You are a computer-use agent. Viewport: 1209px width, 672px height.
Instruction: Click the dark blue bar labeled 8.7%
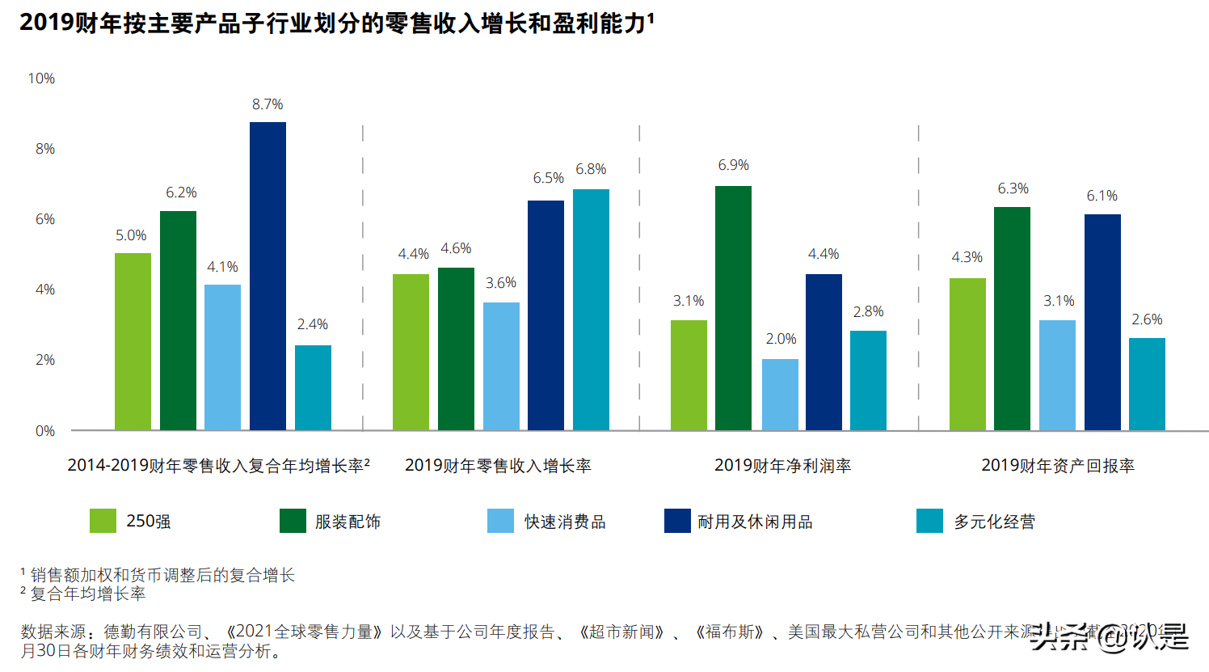267,276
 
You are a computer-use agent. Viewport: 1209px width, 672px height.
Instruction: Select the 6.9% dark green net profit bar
733,308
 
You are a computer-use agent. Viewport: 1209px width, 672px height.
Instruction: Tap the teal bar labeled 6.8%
591,310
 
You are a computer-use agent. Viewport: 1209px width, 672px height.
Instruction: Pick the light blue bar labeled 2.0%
780,395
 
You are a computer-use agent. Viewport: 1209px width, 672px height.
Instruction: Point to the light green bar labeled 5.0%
133,341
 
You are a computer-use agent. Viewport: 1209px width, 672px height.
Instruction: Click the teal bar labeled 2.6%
1147,384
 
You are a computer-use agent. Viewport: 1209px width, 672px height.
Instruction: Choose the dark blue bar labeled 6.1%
1102,322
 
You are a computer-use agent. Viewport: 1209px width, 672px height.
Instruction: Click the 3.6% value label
500,283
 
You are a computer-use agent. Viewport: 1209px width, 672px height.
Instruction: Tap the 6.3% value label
1013,188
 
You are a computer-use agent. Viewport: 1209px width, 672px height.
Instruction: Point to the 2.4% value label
312,324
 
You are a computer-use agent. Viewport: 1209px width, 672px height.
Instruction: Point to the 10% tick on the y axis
41,78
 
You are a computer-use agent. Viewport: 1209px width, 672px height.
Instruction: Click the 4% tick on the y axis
44,290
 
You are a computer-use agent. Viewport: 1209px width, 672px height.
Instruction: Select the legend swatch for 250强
103,522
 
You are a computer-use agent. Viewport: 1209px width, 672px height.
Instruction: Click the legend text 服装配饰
348,522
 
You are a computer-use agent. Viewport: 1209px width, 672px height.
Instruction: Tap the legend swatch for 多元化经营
929,522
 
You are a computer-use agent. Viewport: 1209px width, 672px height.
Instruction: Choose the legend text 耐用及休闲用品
755,522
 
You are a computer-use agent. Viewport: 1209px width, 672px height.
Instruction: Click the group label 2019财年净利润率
782,466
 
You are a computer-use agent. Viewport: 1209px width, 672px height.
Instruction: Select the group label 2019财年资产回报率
1057,466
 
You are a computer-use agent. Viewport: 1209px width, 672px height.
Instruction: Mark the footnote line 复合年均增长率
87,594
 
